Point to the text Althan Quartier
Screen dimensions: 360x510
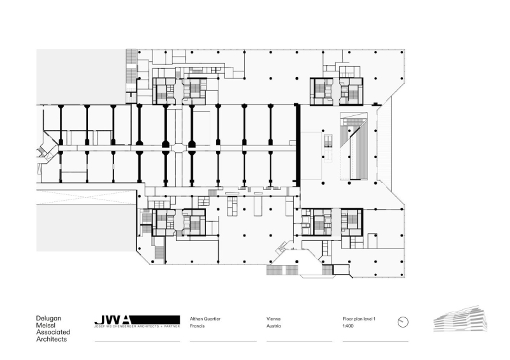point(205,318)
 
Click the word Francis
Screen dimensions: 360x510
point(198,326)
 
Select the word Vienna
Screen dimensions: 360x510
point(273,318)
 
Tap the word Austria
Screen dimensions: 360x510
point(273,326)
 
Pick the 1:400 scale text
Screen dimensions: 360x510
point(348,326)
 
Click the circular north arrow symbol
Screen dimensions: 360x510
point(402,322)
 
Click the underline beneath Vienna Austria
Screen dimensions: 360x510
point(299,342)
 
